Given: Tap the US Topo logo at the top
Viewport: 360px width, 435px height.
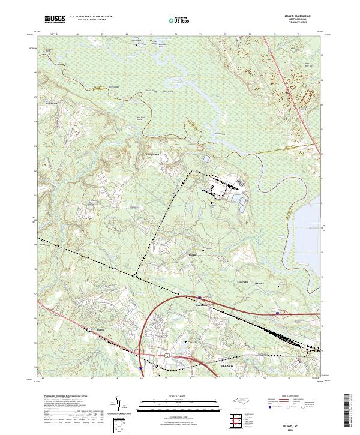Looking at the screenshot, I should (178, 20).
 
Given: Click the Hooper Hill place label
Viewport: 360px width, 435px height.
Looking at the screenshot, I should (154, 155).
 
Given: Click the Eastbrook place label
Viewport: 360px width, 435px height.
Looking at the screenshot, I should (200, 304).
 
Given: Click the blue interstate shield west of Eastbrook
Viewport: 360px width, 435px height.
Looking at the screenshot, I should (199, 297).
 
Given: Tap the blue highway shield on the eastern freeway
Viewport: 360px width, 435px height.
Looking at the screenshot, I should (277, 313).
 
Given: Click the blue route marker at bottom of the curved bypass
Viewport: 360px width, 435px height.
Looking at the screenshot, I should (140, 368).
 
